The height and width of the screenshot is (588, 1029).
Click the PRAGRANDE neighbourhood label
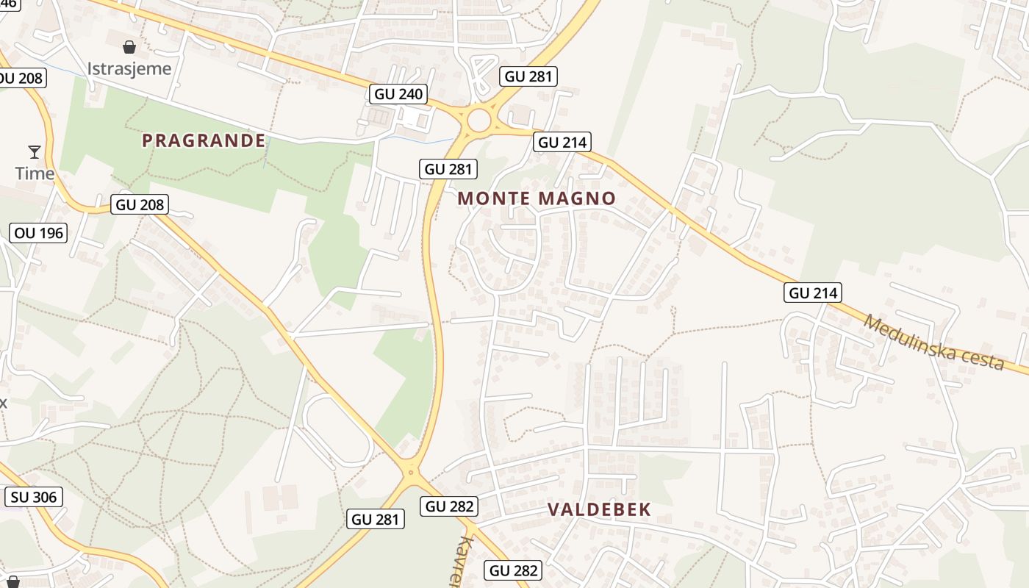tap(204, 140)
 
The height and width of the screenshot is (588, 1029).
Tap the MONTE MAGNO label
tap(537, 198)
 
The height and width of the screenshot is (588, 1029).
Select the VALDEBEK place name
tap(599, 510)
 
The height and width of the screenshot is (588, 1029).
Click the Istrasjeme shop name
tap(129, 69)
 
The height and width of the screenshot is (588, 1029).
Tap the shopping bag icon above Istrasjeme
tap(129, 48)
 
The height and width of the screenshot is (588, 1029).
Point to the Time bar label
tap(35, 173)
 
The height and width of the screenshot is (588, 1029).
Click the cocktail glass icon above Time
tap(35, 152)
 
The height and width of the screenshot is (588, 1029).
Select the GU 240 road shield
tap(398, 94)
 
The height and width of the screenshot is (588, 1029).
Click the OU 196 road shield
tap(39, 234)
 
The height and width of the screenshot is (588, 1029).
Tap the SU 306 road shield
tap(34, 497)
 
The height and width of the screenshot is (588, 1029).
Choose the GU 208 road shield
tap(140, 204)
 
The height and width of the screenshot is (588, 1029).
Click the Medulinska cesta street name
tap(933, 343)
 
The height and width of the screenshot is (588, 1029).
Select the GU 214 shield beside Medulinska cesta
tap(812, 293)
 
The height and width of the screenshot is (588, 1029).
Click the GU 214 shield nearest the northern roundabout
tap(563, 142)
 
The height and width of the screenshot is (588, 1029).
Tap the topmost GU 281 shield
tap(528, 76)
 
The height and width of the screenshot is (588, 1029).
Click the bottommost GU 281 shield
tap(376, 519)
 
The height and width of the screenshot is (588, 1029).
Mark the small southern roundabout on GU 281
tap(411, 473)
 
